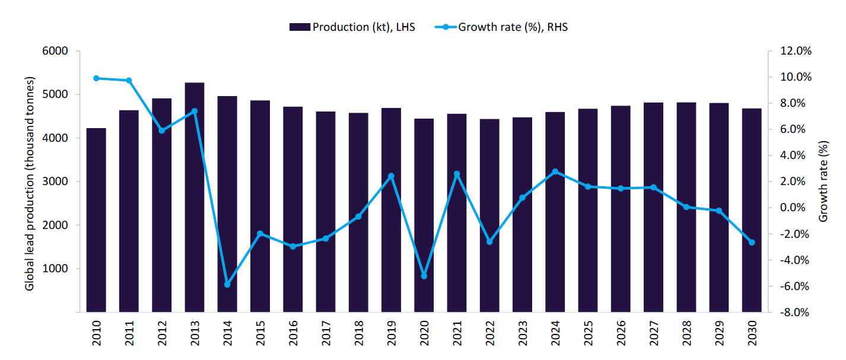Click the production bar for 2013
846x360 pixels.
(x=195, y=197)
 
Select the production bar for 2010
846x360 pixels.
(x=96, y=219)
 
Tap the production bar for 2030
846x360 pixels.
(x=752, y=210)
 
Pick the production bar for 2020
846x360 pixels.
(x=424, y=215)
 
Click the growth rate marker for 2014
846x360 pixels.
(x=227, y=285)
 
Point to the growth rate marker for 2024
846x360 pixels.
(x=555, y=172)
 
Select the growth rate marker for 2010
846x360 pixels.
(x=96, y=78)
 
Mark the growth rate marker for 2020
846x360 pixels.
(x=424, y=276)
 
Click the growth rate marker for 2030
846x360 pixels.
(x=752, y=243)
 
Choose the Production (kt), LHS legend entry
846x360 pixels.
(x=352, y=27)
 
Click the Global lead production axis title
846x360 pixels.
(x=29, y=184)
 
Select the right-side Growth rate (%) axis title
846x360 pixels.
(x=823, y=181)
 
